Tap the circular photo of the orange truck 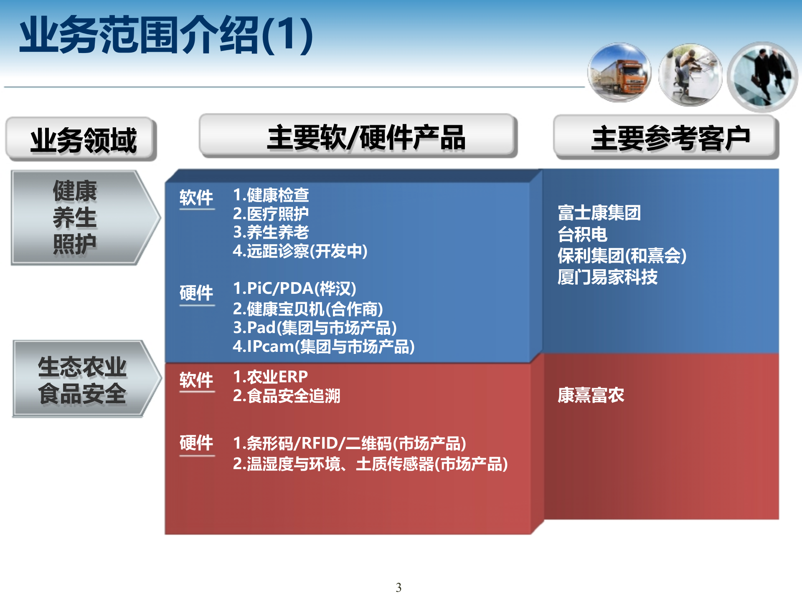[619, 73]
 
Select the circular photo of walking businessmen [762, 77]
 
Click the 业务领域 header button [82, 139]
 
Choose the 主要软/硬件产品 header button [358, 136]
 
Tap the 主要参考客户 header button [666, 138]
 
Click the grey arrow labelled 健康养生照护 [79, 217]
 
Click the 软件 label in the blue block [196, 197]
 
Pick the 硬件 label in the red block [196, 443]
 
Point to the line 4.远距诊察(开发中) [300, 251]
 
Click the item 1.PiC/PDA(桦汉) [294, 288]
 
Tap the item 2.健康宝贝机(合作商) [308, 309]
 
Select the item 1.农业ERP [270, 377]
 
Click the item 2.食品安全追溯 [287, 396]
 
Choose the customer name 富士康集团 [599, 213]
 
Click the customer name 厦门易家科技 [607, 277]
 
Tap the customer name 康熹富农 [591, 395]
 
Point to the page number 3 [398, 587]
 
